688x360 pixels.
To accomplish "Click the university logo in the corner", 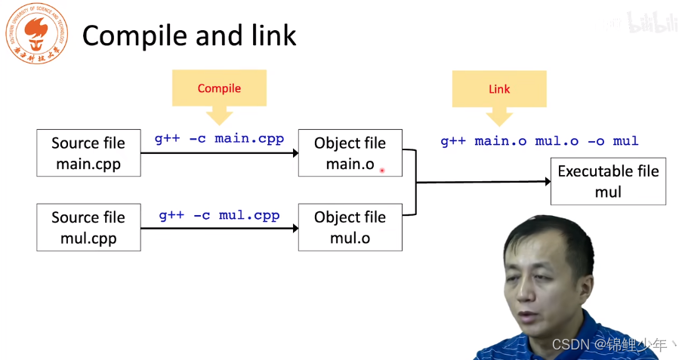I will click(x=36, y=34).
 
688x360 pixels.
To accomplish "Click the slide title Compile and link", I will click(x=189, y=35).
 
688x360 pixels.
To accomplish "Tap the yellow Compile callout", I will click(x=219, y=88).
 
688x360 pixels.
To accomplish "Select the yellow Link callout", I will click(x=499, y=89).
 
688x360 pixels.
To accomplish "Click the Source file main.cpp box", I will click(x=88, y=153).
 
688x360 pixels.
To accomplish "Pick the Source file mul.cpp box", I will click(x=88, y=227).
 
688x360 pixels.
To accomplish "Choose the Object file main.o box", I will click(x=350, y=153).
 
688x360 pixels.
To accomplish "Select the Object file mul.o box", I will click(x=350, y=227).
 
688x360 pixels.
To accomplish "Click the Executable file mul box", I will click(x=608, y=181).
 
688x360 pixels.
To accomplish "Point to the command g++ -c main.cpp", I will click(x=219, y=138).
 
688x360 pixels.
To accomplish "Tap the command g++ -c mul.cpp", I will click(x=219, y=215).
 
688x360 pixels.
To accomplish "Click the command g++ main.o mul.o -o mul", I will click(x=539, y=141).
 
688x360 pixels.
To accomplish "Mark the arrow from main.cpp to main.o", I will click(x=219, y=153).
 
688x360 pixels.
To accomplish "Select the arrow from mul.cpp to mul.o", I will click(x=219, y=227).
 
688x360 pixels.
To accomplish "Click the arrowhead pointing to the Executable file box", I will click(x=545, y=181).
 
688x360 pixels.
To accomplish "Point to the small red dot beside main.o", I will click(x=382, y=171).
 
